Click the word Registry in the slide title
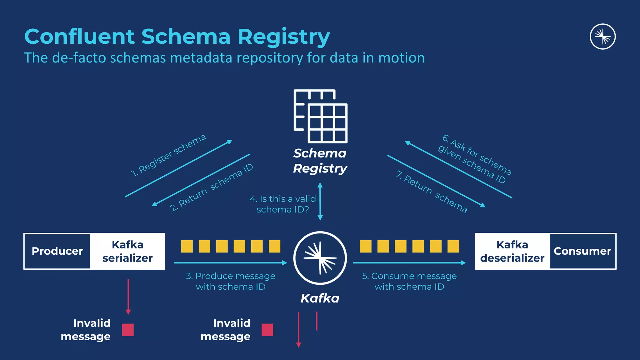283,37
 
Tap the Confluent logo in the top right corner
602,37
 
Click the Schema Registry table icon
321,116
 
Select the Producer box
57,251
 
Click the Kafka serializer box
127,251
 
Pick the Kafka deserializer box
512,251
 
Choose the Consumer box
582,251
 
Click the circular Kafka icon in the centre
320,258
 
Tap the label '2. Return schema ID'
212,187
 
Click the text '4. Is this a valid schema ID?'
283,204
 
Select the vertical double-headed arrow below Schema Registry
320,202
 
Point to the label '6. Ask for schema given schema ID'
475,159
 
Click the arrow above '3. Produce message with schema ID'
230,263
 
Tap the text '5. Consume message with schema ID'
409,281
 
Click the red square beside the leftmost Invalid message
128,330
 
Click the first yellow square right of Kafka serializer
187,246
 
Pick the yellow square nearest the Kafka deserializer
453,246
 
